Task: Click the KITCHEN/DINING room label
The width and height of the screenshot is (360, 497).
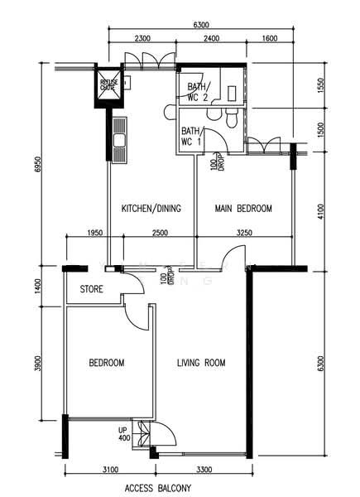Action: click(x=151, y=208)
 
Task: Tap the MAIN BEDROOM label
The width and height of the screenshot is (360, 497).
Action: click(x=243, y=208)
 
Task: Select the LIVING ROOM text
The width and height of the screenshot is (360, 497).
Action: click(x=202, y=363)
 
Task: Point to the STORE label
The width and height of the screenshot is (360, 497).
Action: click(x=92, y=290)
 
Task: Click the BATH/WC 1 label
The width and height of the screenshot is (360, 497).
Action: click(x=192, y=137)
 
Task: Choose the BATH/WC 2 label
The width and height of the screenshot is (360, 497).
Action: click(x=199, y=92)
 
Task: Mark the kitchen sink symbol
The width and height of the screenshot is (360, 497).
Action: click(x=121, y=140)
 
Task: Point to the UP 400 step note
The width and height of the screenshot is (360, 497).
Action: click(x=123, y=433)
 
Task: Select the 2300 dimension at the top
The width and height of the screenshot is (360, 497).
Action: click(x=142, y=38)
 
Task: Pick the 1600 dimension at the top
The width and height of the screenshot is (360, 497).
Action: click(x=269, y=38)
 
